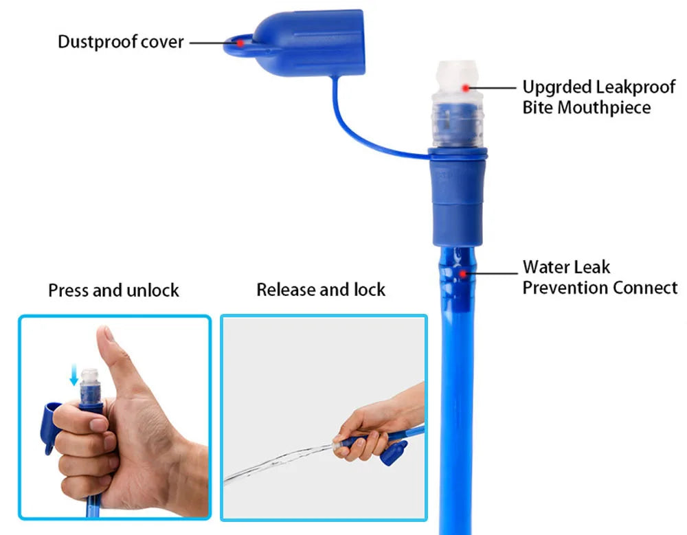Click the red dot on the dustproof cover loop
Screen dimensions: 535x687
(240, 43)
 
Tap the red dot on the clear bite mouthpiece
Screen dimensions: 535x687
(466, 87)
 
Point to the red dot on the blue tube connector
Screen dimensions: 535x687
(465, 273)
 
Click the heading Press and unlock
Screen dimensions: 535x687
(113, 291)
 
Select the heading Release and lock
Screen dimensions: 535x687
(321, 290)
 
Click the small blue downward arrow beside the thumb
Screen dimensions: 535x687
(74, 375)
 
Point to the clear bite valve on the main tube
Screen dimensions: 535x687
(457, 103)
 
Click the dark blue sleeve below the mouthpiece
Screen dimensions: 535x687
(458, 199)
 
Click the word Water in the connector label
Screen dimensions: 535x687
(542, 267)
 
